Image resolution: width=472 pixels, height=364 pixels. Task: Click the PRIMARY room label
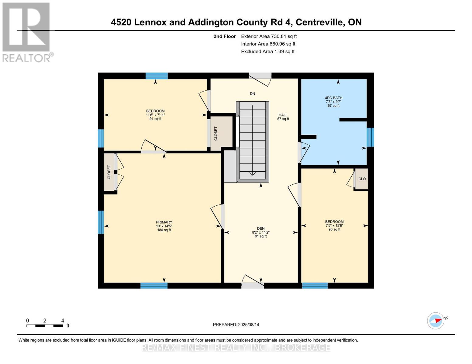[164, 222]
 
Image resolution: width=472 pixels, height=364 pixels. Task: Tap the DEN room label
[261, 228]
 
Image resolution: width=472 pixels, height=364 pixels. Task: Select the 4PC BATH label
[333, 98]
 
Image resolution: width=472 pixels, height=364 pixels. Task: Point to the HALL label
[283, 115]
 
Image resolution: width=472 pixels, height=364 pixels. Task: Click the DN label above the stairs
[253, 93]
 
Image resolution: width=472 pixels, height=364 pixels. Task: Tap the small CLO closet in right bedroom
[362, 179]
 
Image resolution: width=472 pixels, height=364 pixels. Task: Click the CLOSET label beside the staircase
[216, 133]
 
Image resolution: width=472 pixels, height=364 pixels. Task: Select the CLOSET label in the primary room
[109, 172]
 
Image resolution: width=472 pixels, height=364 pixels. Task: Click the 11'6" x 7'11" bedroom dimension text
[155, 115]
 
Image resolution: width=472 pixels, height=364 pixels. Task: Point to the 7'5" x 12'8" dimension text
[334, 226]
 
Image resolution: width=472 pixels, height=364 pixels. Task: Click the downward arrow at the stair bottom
[253, 173]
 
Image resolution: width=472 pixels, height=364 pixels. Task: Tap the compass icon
[436, 321]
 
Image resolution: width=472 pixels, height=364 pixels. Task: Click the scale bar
[45, 326]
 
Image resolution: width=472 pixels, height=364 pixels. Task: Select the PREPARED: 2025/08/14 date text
[236, 325]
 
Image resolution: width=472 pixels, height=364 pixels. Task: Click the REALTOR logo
[27, 32]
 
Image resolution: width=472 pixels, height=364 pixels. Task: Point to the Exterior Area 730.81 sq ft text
[269, 36]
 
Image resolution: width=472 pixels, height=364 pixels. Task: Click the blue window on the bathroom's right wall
[370, 137]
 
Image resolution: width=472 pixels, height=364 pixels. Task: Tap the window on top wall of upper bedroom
[157, 76]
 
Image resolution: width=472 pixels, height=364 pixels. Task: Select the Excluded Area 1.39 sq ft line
[267, 52]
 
